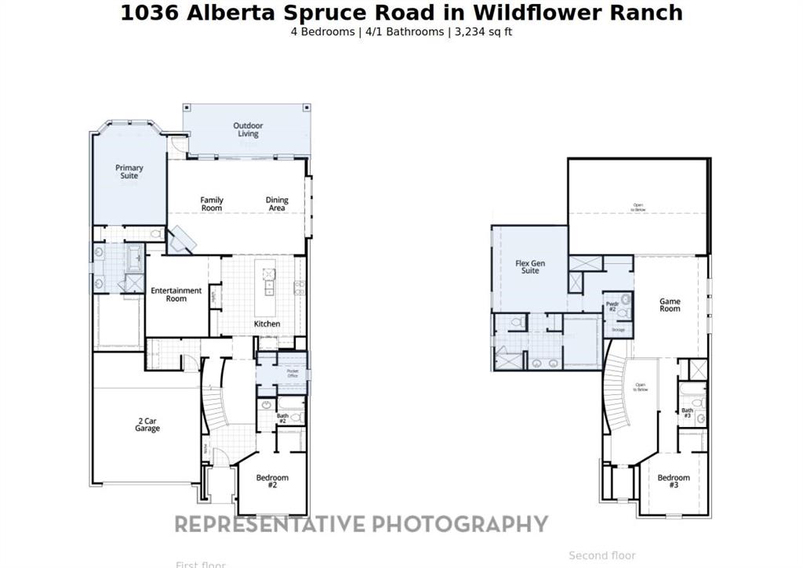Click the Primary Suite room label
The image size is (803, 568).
pos(129,172)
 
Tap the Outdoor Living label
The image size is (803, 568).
pos(248,129)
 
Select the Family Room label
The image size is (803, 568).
pos(212,204)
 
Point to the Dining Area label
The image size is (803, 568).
pos(277,204)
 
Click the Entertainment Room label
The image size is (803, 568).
pos(176,294)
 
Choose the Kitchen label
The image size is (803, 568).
pos(267,324)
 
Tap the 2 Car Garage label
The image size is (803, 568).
pos(147,425)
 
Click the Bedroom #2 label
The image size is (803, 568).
pos(272,481)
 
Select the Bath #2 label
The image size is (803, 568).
pos(282,418)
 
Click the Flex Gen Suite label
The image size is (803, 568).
pos(530,266)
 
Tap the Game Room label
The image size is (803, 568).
pos(670,305)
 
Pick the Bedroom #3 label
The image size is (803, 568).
pos(674,481)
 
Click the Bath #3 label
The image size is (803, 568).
pos(687,413)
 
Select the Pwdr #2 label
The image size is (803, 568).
pos(612,306)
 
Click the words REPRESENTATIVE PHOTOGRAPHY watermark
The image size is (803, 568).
pos(361,523)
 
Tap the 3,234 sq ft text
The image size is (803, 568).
pos(483,32)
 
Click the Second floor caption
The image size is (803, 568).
pos(602,555)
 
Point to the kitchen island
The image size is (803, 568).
pos(269,280)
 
